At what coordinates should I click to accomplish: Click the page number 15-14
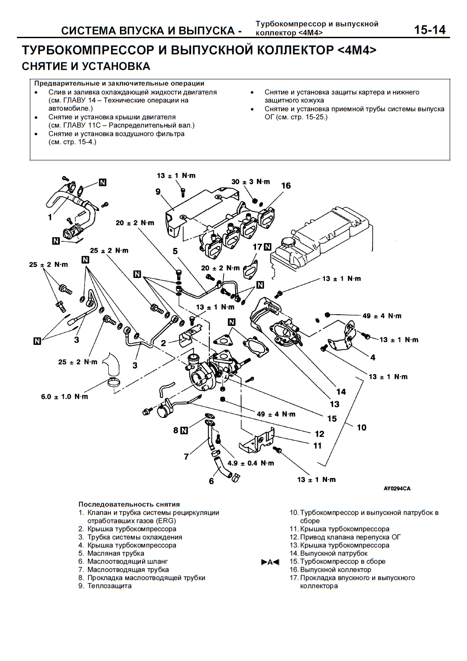tap(429, 29)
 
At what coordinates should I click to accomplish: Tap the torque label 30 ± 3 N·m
tap(250, 182)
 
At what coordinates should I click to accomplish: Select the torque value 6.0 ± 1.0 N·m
tap(65, 397)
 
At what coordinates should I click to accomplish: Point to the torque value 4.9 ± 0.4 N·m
tap(251, 463)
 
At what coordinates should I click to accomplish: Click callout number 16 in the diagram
tap(286, 186)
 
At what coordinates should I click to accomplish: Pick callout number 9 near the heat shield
tap(158, 192)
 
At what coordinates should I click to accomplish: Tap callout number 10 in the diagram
tap(361, 427)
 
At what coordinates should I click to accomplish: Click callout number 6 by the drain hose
tap(211, 481)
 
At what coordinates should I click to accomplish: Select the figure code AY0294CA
tap(397, 488)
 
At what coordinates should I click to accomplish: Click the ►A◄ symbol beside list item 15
tap(270, 562)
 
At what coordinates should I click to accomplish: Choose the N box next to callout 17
tap(267, 247)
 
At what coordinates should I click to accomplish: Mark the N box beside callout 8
tap(184, 430)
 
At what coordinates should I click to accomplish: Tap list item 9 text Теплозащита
tap(109, 586)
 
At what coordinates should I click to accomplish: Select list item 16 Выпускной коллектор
tap(335, 570)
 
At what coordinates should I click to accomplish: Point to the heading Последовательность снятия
tap(129, 504)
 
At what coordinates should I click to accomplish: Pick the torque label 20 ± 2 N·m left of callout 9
tap(135, 223)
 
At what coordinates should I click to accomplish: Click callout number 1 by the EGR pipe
tap(50, 217)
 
